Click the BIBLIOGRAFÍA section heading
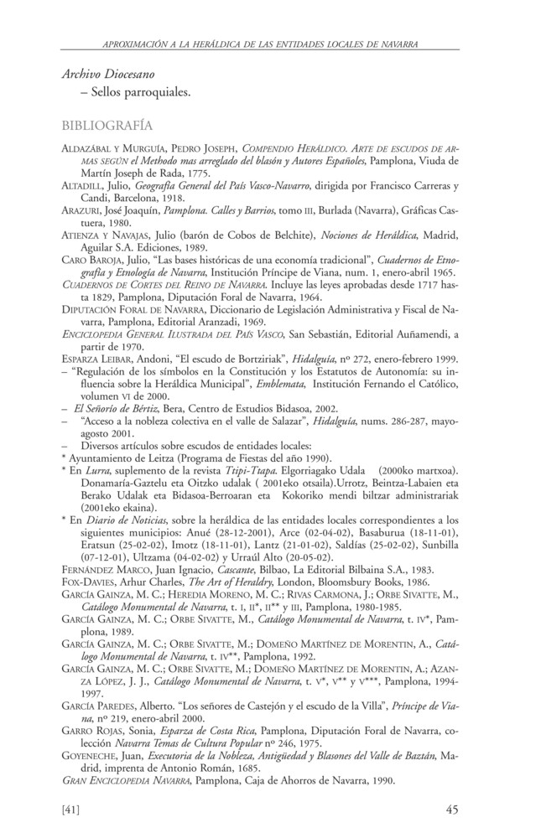point(107,126)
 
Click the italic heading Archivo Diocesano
point(107,75)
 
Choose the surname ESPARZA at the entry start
point(85,354)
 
